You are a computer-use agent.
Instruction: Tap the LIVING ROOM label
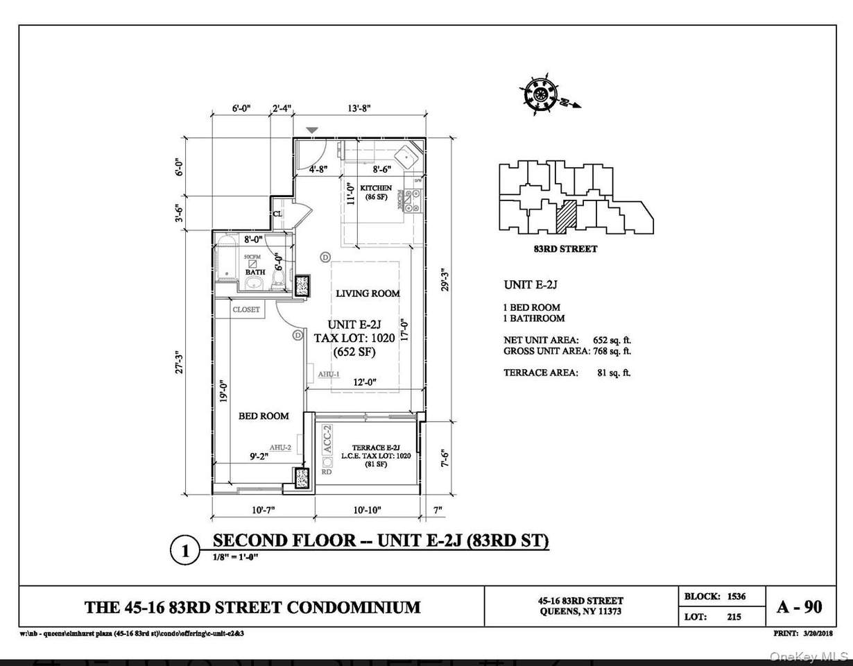tap(368, 293)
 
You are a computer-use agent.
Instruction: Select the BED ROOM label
tap(264, 416)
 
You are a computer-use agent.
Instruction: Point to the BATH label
tap(255, 272)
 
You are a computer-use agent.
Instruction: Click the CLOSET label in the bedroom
tap(246, 309)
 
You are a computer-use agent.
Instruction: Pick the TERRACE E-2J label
tap(376, 447)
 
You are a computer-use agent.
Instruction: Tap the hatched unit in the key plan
tap(566, 216)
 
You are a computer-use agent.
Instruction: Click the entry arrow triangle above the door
tap(313, 130)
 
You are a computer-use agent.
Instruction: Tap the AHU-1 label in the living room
tap(329, 375)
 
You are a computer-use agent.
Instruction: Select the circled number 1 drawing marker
tap(184, 552)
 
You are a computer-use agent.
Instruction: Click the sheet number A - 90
tap(799, 607)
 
